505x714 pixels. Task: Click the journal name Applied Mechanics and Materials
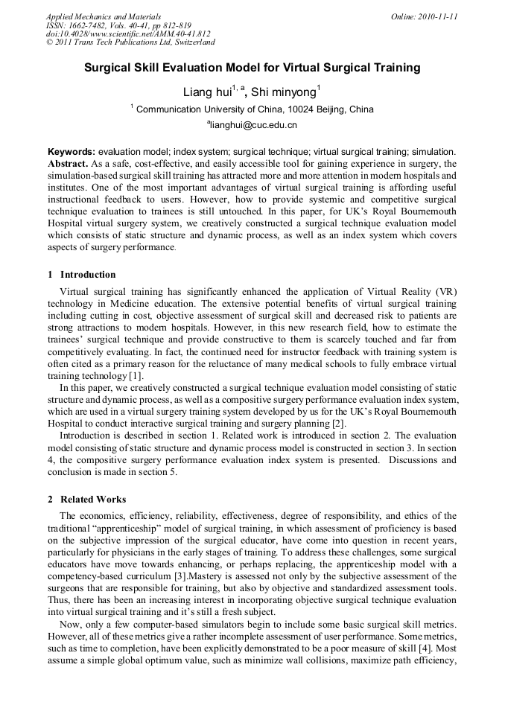pos(104,16)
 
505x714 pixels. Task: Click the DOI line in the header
pos(128,34)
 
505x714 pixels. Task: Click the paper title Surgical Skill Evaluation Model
pos(252,68)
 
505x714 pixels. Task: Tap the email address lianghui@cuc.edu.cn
pos(252,124)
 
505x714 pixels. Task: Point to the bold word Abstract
pos(69,162)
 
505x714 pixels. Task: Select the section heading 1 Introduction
pos(82,275)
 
